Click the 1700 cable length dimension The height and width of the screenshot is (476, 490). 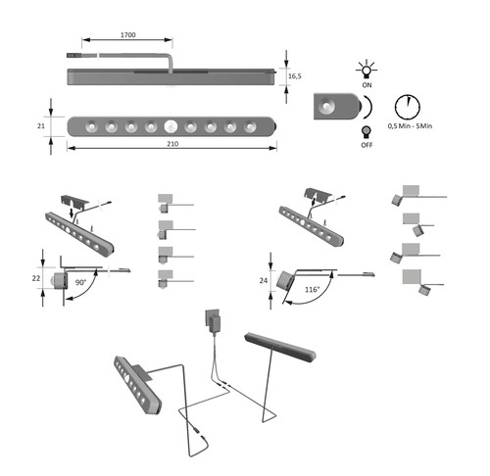128,35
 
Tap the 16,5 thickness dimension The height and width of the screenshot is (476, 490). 295,76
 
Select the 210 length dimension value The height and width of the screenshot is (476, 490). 172,144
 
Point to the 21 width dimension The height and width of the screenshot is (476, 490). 41,125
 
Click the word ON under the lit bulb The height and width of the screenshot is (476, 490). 367,85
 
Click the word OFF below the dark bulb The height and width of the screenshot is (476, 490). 367,145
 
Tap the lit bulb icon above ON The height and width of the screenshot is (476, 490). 367,69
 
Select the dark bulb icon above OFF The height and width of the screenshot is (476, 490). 367,132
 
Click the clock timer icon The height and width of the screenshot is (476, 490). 408,107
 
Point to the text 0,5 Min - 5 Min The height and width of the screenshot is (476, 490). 410,126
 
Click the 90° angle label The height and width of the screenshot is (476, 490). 80,282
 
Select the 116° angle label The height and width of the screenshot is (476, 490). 312,290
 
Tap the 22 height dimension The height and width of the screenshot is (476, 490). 36,278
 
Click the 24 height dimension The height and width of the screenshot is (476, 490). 264,280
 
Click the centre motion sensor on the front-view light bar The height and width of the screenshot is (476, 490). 171,126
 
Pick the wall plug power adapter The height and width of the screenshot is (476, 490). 213,321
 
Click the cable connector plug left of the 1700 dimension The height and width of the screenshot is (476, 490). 73,56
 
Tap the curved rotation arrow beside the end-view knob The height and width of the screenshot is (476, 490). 368,107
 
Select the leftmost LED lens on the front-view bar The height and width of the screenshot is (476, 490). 91,126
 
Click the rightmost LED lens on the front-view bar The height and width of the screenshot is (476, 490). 250,126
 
